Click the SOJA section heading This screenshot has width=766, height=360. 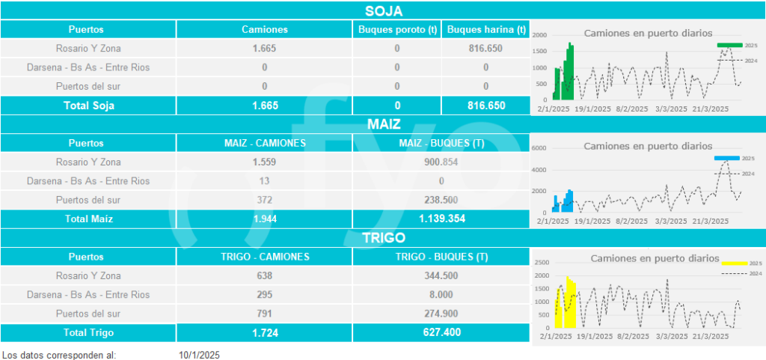(x=384, y=10)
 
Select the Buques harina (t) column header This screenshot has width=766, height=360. (x=485, y=29)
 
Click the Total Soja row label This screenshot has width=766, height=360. (x=88, y=106)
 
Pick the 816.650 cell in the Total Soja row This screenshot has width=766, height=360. (x=485, y=106)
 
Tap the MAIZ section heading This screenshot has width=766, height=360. (x=384, y=123)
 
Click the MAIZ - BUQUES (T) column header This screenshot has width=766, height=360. (x=441, y=143)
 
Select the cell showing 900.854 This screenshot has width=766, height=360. (x=441, y=162)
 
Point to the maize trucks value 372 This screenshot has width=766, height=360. (x=264, y=200)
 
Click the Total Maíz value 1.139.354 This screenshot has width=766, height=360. (x=441, y=219)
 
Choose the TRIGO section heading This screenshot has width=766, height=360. (x=384, y=238)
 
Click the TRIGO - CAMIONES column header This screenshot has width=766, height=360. (x=265, y=257)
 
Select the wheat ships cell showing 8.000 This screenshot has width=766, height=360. (x=441, y=295)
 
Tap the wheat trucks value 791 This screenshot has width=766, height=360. (x=264, y=314)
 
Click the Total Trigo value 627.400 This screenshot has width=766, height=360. (x=441, y=332)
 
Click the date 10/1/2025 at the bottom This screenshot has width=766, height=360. (x=199, y=354)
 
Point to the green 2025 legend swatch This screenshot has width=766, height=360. (x=729, y=46)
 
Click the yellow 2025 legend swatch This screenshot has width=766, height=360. (x=734, y=263)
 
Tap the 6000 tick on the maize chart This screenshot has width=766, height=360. (x=540, y=148)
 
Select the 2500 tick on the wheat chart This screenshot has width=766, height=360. (x=541, y=262)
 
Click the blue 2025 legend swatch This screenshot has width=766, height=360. (x=726, y=159)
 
